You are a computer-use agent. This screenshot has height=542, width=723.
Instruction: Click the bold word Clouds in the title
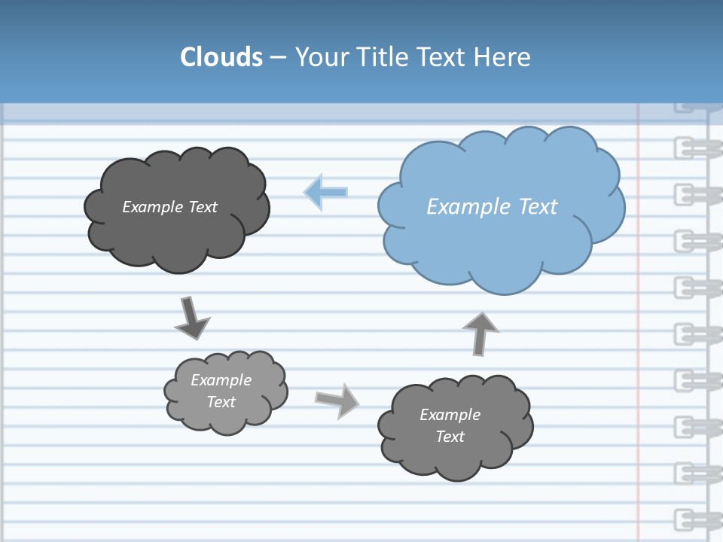(221, 57)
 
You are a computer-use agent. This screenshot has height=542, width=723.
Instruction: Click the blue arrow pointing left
(326, 192)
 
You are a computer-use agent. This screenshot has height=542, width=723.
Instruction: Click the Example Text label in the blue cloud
(492, 206)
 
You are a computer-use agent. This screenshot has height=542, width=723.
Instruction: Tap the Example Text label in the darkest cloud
(169, 206)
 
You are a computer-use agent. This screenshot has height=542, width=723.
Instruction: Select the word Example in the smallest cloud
(221, 380)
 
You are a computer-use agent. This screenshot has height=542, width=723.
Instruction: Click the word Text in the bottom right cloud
(450, 437)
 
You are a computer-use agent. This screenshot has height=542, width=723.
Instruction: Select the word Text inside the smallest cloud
(221, 402)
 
